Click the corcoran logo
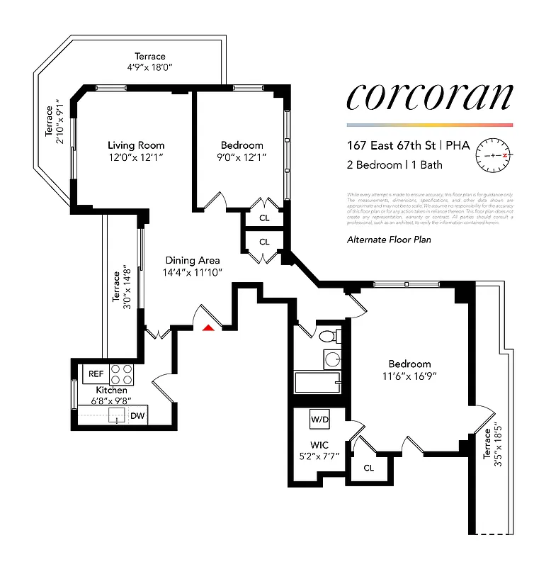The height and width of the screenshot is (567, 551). (428, 98)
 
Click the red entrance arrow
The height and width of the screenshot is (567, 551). (208, 327)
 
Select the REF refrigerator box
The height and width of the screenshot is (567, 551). (94, 373)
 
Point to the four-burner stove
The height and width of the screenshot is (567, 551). (123, 373)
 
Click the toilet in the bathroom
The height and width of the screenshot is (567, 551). (328, 336)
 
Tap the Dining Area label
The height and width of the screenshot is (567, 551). (193, 260)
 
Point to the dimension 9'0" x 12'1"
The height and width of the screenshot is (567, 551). (242, 157)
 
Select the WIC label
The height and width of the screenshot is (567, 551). (319, 445)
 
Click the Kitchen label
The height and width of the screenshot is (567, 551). (112, 391)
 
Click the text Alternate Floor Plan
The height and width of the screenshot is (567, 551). (389, 240)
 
